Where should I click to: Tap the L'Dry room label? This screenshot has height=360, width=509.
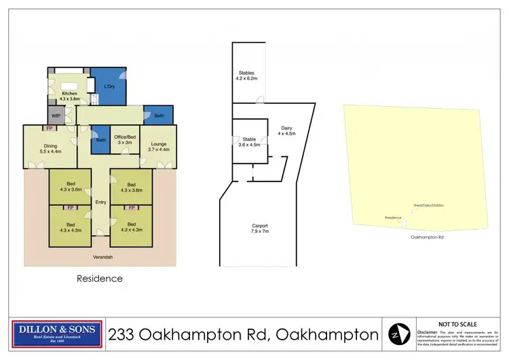point(109,87)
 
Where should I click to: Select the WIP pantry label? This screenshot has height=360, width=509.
point(56,115)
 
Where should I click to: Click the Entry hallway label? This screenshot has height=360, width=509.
point(100,202)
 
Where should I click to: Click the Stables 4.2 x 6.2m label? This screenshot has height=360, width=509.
point(246,76)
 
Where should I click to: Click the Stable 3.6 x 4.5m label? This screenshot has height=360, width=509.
point(249,141)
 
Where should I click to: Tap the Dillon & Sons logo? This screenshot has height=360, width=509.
point(58,334)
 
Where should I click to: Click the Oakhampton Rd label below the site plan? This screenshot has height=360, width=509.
point(428,238)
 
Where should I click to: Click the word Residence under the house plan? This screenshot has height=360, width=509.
point(100,278)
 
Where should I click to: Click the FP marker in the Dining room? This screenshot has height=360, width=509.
point(49,128)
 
